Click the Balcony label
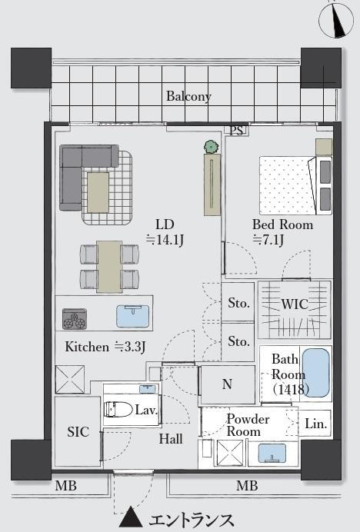(x=188, y=96)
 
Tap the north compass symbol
(x=336, y=20)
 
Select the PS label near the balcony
(x=236, y=131)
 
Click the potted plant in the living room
(x=212, y=147)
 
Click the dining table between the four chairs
(x=109, y=266)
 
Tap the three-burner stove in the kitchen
(x=75, y=319)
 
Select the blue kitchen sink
(x=133, y=316)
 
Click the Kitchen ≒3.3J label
(x=105, y=347)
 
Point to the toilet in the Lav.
(x=118, y=410)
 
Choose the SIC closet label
(x=78, y=432)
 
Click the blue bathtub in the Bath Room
(x=316, y=373)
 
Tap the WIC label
(x=295, y=304)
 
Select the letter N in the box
(x=227, y=384)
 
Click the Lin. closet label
(x=316, y=424)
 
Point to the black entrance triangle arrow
(x=131, y=517)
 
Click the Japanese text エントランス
(x=192, y=519)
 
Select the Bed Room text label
(x=282, y=224)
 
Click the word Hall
(x=171, y=439)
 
